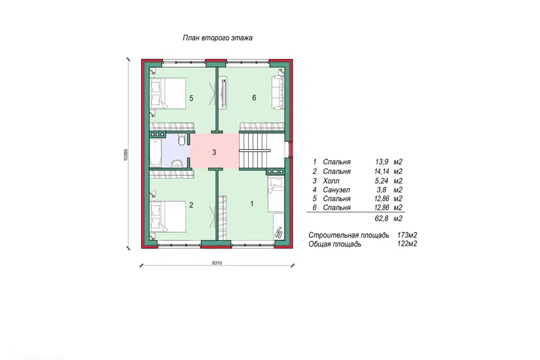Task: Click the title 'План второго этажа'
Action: pyautogui.click(x=217, y=38)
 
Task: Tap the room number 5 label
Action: pyautogui.click(x=191, y=98)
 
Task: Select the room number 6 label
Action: pyautogui.click(x=254, y=98)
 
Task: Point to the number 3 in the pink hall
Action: pyautogui.click(x=214, y=152)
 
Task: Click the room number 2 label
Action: pyautogui.click(x=191, y=205)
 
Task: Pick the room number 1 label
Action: pyautogui.click(x=252, y=204)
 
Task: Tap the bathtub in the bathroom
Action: pyautogui.click(x=155, y=154)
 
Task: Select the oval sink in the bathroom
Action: pyautogui.click(x=177, y=163)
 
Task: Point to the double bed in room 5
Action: pyautogui.click(x=168, y=93)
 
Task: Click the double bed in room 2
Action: pyautogui.click(x=168, y=217)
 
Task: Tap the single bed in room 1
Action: pyautogui.click(x=276, y=194)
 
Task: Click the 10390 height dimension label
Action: pyautogui.click(x=126, y=155)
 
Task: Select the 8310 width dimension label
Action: pyautogui.click(x=217, y=263)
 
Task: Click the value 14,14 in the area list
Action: pyautogui.click(x=382, y=171)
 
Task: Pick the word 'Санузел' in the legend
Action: pyautogui.click(x=336, y=190)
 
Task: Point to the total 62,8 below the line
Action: pyautogui.click(x=381, y=218)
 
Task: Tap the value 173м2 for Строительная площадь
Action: pyautogui.click(x=407, y=235)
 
